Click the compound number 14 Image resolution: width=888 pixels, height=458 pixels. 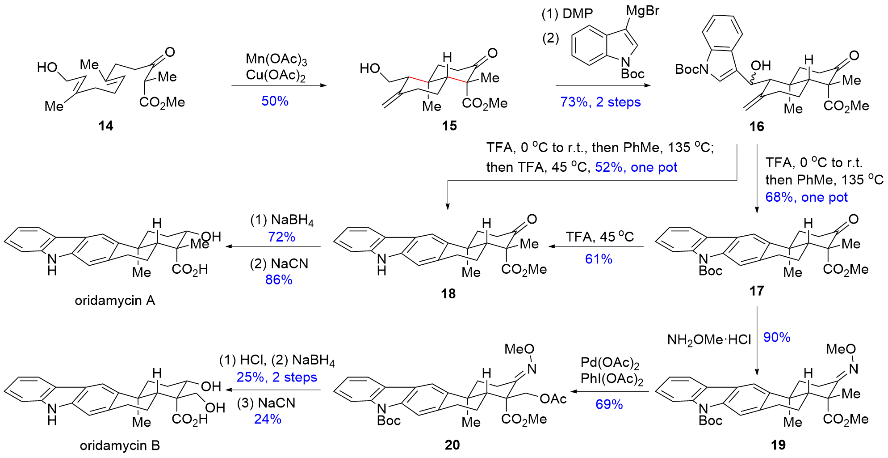click(x=106, y=126)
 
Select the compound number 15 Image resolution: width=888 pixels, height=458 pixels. click(x=449, y=126)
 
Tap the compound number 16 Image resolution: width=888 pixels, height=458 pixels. click(x=757, y=127)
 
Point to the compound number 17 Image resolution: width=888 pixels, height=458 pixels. click(x=757, y=291)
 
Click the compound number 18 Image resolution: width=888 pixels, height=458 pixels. click(x=448, y=293)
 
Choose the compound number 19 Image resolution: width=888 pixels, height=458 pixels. click(x=778, y=445)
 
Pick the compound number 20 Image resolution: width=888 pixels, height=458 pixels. click(x=452, y=445)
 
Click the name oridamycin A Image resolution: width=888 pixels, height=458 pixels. click(x=115, y=301)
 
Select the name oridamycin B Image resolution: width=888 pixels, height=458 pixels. click(x=120, y=445)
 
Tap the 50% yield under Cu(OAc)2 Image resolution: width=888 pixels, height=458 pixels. click(x=275, y=101)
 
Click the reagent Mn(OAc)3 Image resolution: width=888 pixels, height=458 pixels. click(x=276, y=59)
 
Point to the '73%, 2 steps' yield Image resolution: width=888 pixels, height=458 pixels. click(x=600, y=102)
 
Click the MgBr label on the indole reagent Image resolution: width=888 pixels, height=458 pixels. click(x=642, y=11)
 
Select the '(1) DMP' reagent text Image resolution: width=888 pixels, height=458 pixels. click(x=567, y=14)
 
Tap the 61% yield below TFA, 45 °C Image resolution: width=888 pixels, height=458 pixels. click(x=599, y=259)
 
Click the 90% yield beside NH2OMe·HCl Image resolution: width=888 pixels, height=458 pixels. click(x=777, y=337)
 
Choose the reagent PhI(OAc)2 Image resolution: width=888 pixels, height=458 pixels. click(x=612, y=379)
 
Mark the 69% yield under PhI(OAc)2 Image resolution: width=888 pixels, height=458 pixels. click(x=609, y=404)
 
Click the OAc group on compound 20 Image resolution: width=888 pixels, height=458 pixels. click(x=553, y=399)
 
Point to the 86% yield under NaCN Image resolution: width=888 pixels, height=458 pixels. click(x=279, y=280)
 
